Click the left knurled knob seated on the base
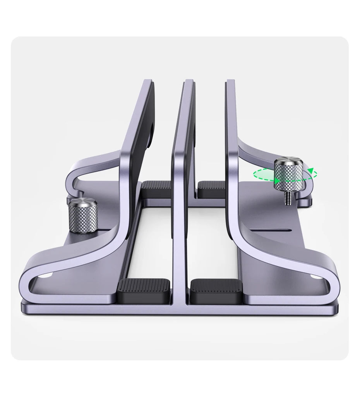point(83,217)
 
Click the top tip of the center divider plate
point(189,81)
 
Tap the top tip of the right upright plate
point(231,81)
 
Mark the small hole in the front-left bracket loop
point(48,276)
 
